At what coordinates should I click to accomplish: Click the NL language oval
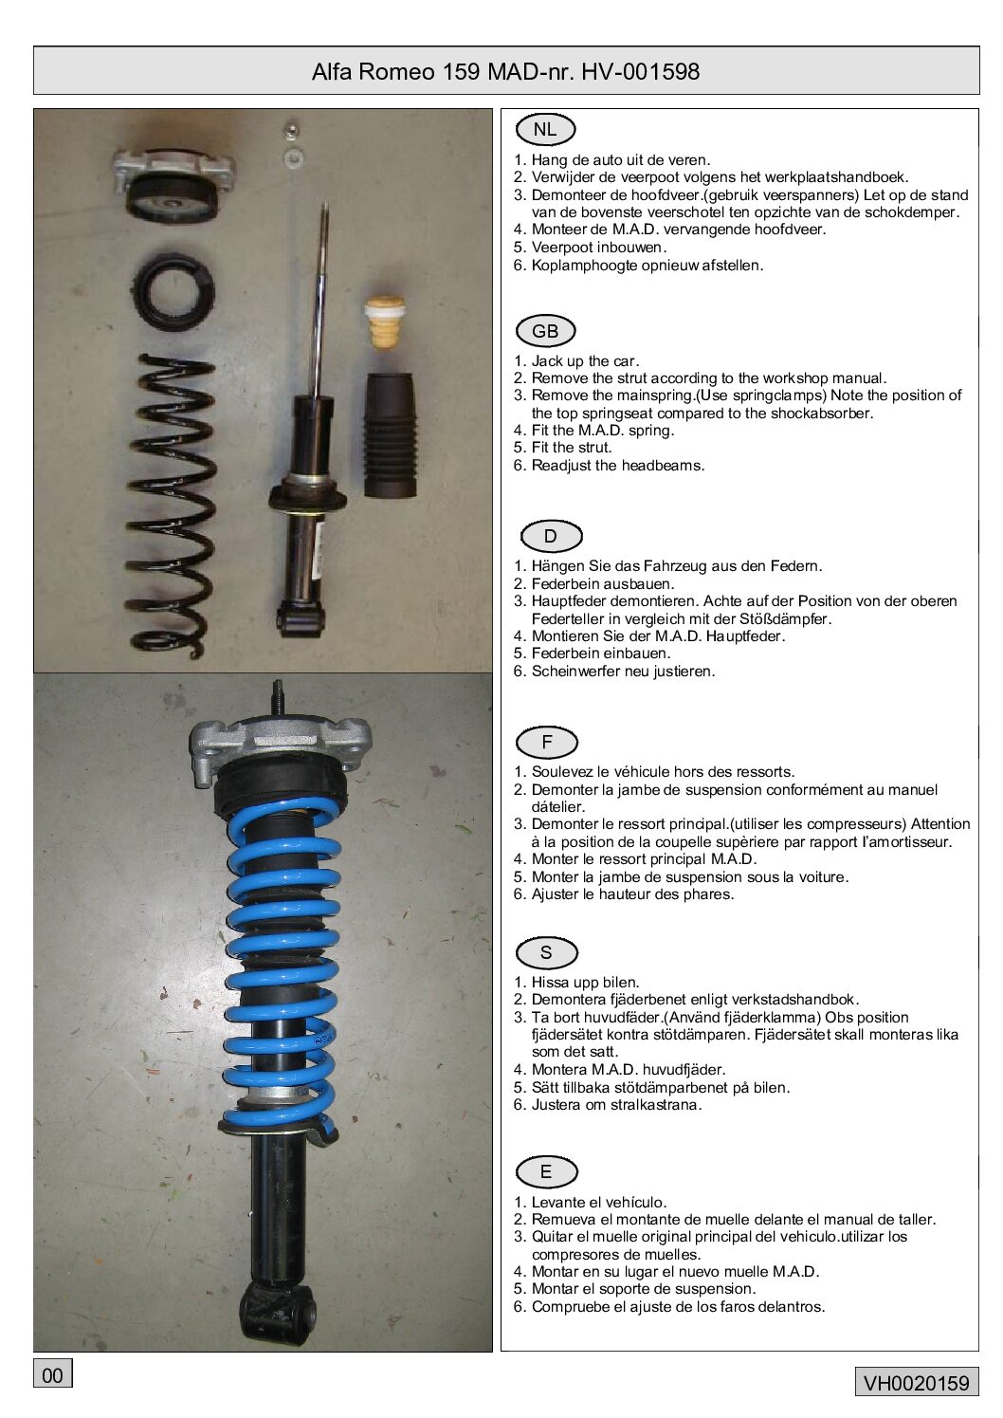[x=545, y=130]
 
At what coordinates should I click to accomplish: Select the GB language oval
[x=545, y=331]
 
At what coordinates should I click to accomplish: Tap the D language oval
[x=551, y=537]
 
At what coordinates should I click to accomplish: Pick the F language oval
[x=547, y=743]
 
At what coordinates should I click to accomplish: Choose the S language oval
[x=547, y=952]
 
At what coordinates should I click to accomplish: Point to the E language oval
[x=547, y=1172]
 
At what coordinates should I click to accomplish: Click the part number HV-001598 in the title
[x=641, y=71]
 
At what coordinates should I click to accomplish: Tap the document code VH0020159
[x=917, y=1383]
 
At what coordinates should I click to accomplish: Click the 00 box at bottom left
[x=52, y=1375]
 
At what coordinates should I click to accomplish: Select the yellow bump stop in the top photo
[x=385, y=322]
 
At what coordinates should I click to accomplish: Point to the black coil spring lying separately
[x=170, y=506]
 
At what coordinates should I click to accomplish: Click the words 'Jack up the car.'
[x=585, y=361]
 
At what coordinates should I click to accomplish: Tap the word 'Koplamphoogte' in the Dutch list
[x=584, y=266]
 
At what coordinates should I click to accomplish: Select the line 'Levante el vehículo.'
[x=599, y=1202]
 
